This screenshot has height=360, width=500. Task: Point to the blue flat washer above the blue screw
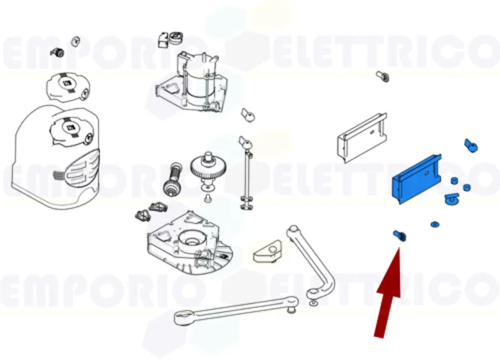pos(434,225)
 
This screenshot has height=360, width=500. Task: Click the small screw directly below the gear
pos(207,197)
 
